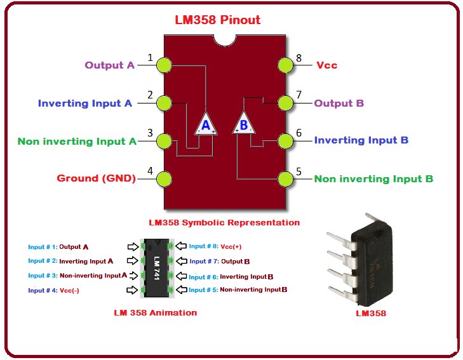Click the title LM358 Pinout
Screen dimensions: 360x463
217,20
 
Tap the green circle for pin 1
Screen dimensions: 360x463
164,65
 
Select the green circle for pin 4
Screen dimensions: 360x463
164,178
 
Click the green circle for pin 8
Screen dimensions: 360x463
286,65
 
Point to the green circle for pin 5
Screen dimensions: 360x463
286,178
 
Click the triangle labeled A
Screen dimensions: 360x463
205,124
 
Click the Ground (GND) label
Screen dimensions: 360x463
97,178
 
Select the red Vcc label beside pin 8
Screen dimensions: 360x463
326,65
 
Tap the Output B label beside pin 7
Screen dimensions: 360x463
339,103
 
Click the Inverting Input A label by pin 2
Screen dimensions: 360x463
84,103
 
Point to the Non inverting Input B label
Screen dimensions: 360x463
373,178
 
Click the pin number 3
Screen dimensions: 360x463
150,133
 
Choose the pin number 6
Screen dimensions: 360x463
299,133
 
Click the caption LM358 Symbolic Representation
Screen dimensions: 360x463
224,223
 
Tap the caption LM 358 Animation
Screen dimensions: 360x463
156,312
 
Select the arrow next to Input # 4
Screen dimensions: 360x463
132,290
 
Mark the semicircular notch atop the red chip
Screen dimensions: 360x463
225,39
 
